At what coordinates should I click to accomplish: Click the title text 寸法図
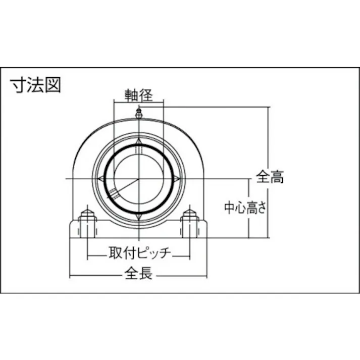(36, 85)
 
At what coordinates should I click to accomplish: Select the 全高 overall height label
(270, 177)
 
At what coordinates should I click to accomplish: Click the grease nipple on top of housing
(139, 114)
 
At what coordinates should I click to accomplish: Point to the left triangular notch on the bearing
(100, 179)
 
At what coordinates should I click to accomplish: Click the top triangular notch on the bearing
(139, 143)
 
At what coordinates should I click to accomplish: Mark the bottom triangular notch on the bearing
(139, 217)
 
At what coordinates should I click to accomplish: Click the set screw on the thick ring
(114, 192)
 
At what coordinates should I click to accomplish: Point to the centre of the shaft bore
(139, 179)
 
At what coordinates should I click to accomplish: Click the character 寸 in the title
(19, 85)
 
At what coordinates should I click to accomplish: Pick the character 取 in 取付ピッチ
(115, 252)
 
